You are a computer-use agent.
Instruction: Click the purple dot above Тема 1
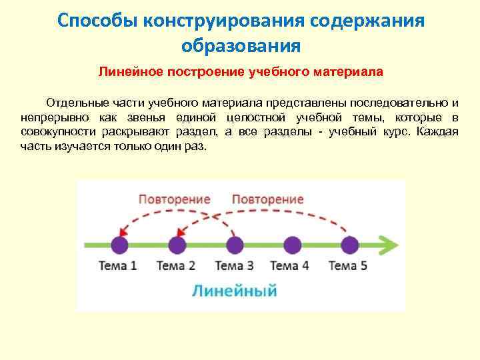[x=119, y=245]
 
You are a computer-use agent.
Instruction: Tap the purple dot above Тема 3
[x=234, y=245]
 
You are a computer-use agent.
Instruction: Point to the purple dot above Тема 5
[x=348, y=245]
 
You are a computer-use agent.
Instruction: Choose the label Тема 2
[x=175, y=266]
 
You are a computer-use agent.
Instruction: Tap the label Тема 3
[x=233, y=266]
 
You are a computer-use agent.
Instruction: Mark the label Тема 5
[x=347, y=266]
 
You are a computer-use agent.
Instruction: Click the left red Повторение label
[x=175, y=199]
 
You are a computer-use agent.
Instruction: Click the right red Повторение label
[x=268, y=199]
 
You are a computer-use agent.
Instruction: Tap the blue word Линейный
[x=234, y=291]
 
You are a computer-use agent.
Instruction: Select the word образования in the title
[x=240, y=46]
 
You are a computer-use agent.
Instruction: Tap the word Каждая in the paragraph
[x=437, y=131]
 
